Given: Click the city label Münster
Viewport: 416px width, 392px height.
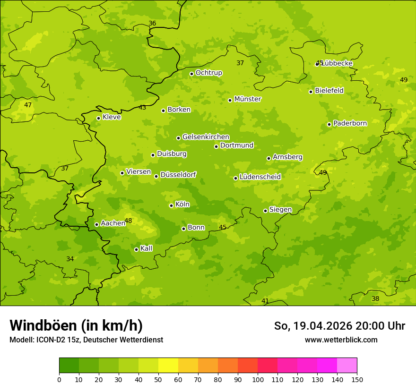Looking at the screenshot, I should (248, 99).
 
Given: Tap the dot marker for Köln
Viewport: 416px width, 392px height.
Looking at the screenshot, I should (171, 205).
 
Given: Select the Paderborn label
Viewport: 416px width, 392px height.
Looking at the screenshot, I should (350, 123).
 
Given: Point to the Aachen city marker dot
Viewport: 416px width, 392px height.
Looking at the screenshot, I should (96, 224).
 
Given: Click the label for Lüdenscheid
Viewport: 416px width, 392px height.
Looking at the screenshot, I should (260, 177).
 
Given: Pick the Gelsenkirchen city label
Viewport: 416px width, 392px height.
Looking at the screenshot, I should (206, 137).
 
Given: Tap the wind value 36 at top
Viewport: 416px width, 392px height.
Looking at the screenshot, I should (152, 23).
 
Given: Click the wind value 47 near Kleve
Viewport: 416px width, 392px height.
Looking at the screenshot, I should (28, 105).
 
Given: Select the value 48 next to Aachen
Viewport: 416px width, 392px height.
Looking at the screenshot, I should (128, 221).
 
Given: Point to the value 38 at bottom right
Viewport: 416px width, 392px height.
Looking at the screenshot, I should (375, 298).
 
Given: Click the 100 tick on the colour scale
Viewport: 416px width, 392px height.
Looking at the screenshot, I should (258, 379).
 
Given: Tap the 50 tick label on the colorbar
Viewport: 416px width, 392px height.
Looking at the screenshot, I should (158, 379).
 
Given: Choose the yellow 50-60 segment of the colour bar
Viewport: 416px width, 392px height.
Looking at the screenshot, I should (168, 366).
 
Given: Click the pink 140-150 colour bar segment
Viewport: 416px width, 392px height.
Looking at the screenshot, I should (347, 366).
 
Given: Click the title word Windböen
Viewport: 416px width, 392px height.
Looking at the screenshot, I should (43, 325).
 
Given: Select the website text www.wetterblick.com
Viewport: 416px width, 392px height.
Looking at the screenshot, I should (341, 340).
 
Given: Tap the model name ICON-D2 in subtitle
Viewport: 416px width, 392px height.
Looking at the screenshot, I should (50, 340).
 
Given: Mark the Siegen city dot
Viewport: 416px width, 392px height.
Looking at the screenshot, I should (265, 211).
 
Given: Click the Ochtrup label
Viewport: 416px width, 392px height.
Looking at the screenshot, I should (208, 73).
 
